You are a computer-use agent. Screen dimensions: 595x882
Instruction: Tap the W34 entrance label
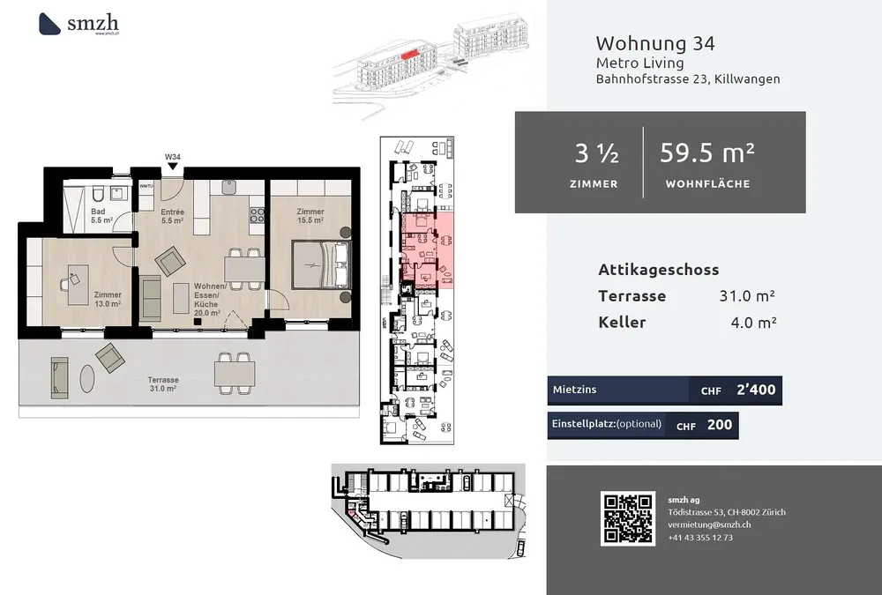point(173,158)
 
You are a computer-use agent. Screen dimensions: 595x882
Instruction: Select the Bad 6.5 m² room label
point(101,216)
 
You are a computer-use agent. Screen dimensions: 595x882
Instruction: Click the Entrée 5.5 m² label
point(172,216)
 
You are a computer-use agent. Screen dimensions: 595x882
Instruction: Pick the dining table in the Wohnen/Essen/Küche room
point(243,264)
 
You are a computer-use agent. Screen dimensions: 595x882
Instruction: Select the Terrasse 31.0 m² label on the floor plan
point(164,383)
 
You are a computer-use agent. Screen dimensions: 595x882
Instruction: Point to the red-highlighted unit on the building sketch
point(408,53)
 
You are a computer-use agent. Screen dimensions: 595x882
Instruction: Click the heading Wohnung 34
point(655,43)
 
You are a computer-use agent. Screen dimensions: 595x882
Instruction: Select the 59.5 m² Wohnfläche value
point(707,152)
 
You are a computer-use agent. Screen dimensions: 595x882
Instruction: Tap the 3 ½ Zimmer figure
point(596,153)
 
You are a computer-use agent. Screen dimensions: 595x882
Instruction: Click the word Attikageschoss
point(658,270)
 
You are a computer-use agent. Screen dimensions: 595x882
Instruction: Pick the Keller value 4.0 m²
point(748,322)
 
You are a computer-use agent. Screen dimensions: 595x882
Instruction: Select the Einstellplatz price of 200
point(720,425)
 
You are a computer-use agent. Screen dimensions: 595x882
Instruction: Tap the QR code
point(627,517)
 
